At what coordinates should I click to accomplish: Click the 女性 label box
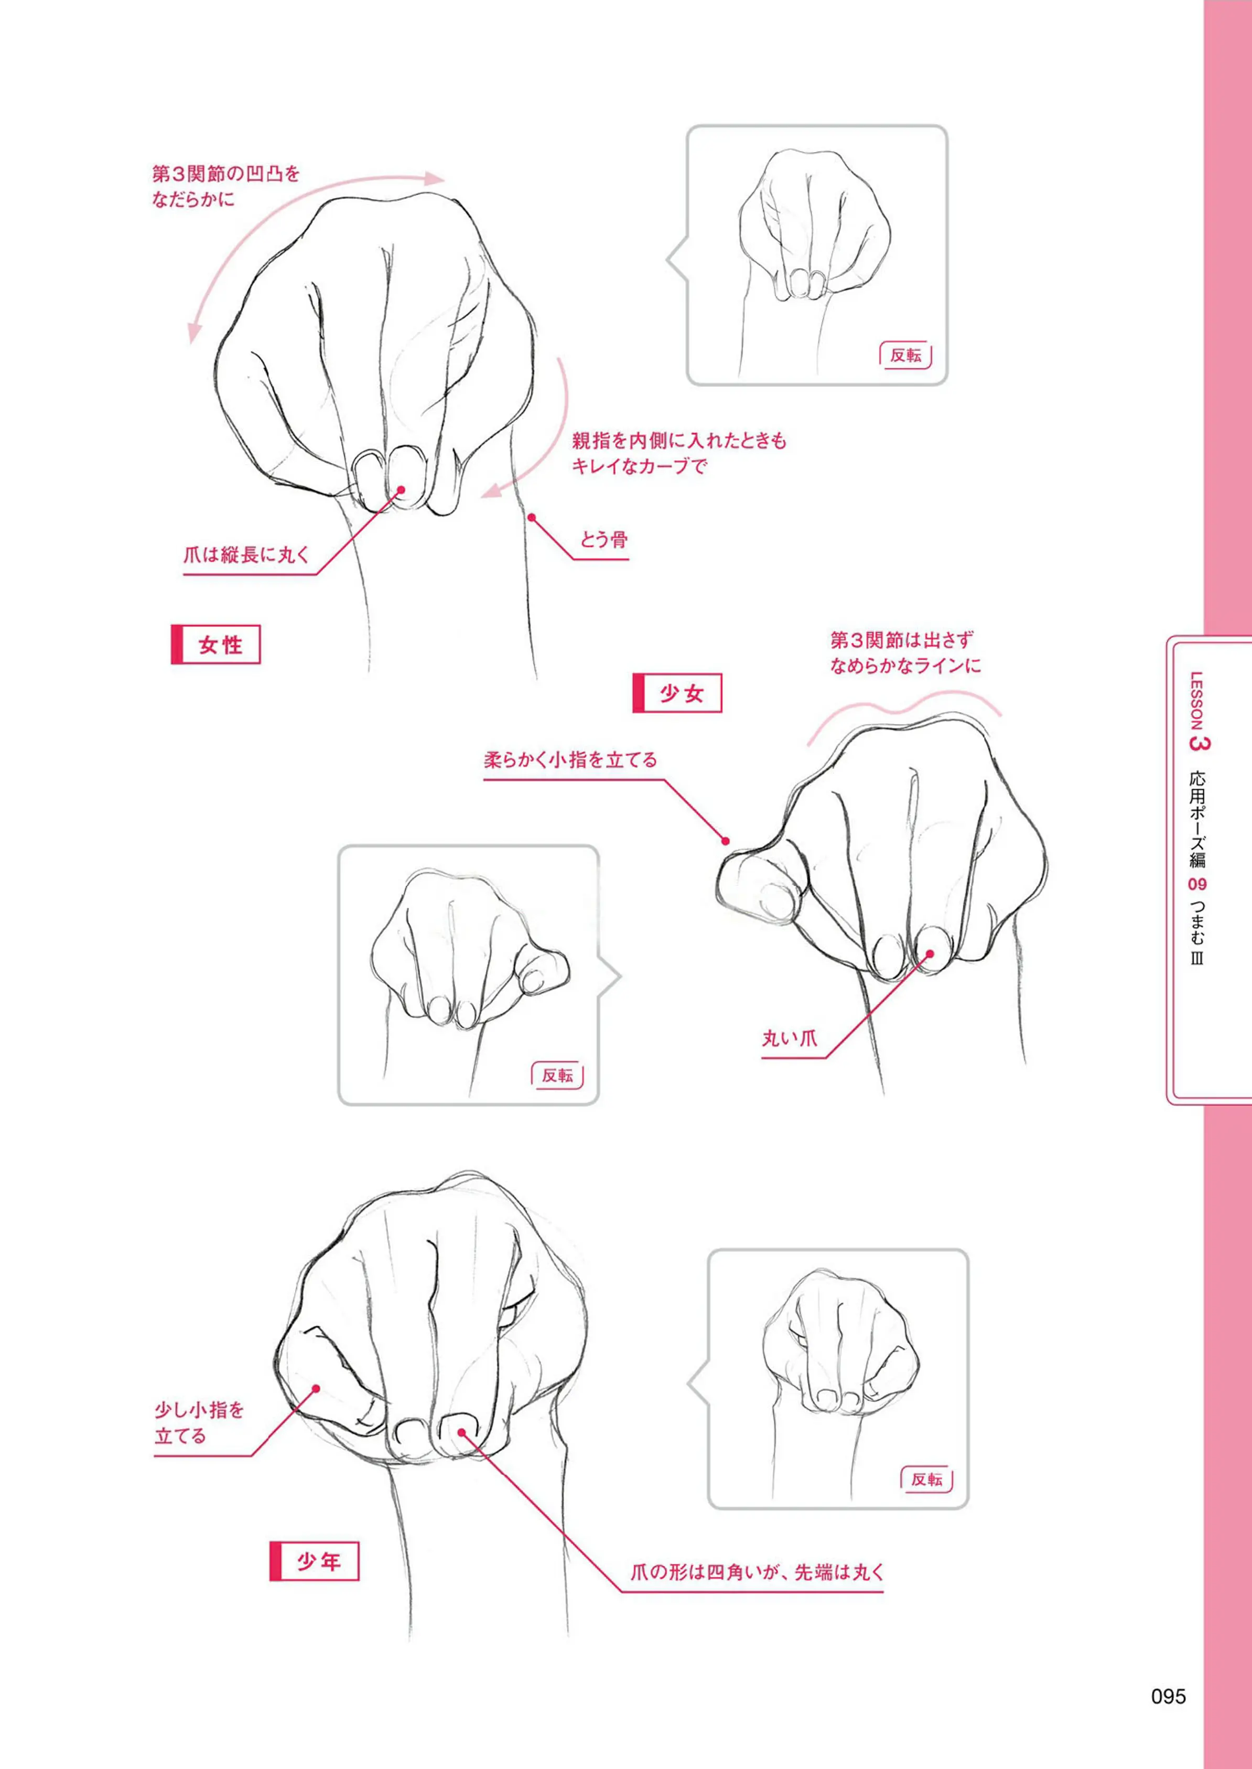[x=216, y=645]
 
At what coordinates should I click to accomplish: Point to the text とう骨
[x=603, y=540]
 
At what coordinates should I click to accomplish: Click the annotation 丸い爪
[x=790, y=1038]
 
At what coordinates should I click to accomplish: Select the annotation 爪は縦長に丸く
[x=246, y=554]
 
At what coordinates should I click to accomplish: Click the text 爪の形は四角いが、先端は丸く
[x=757, y=1572]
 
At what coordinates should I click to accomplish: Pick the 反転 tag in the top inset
[x=905, y=356]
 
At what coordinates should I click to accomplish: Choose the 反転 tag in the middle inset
[x=557, y=1075]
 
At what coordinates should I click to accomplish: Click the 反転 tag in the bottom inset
[x=926, y=1479]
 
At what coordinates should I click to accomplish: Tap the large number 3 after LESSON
[x=1200, y=743]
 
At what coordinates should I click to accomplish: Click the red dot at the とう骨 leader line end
[x=531, y=518]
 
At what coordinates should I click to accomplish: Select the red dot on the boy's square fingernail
[x=461, y=1432]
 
